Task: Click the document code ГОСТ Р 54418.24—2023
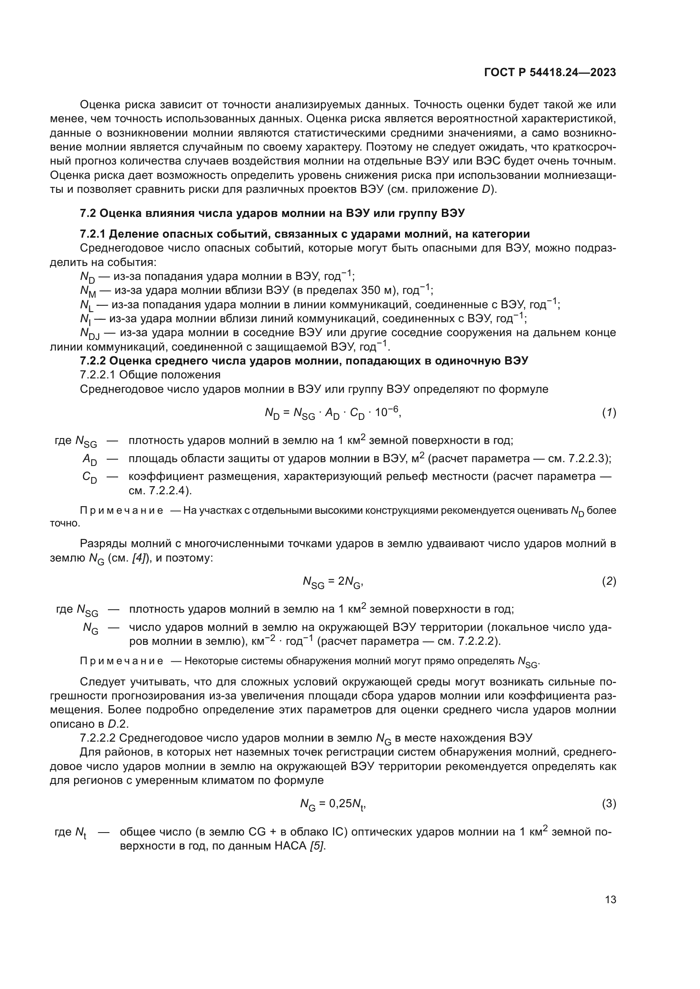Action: click(x=550, y=73)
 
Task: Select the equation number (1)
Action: click(x=609, y=413)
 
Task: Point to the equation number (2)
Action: click(x=609, y=581)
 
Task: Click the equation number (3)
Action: click(x=609, y=804)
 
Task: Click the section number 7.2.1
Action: click(x=93, y=234)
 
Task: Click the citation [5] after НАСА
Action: click(x=317, y=846)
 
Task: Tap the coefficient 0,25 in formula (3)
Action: click(x=341, y=804)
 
